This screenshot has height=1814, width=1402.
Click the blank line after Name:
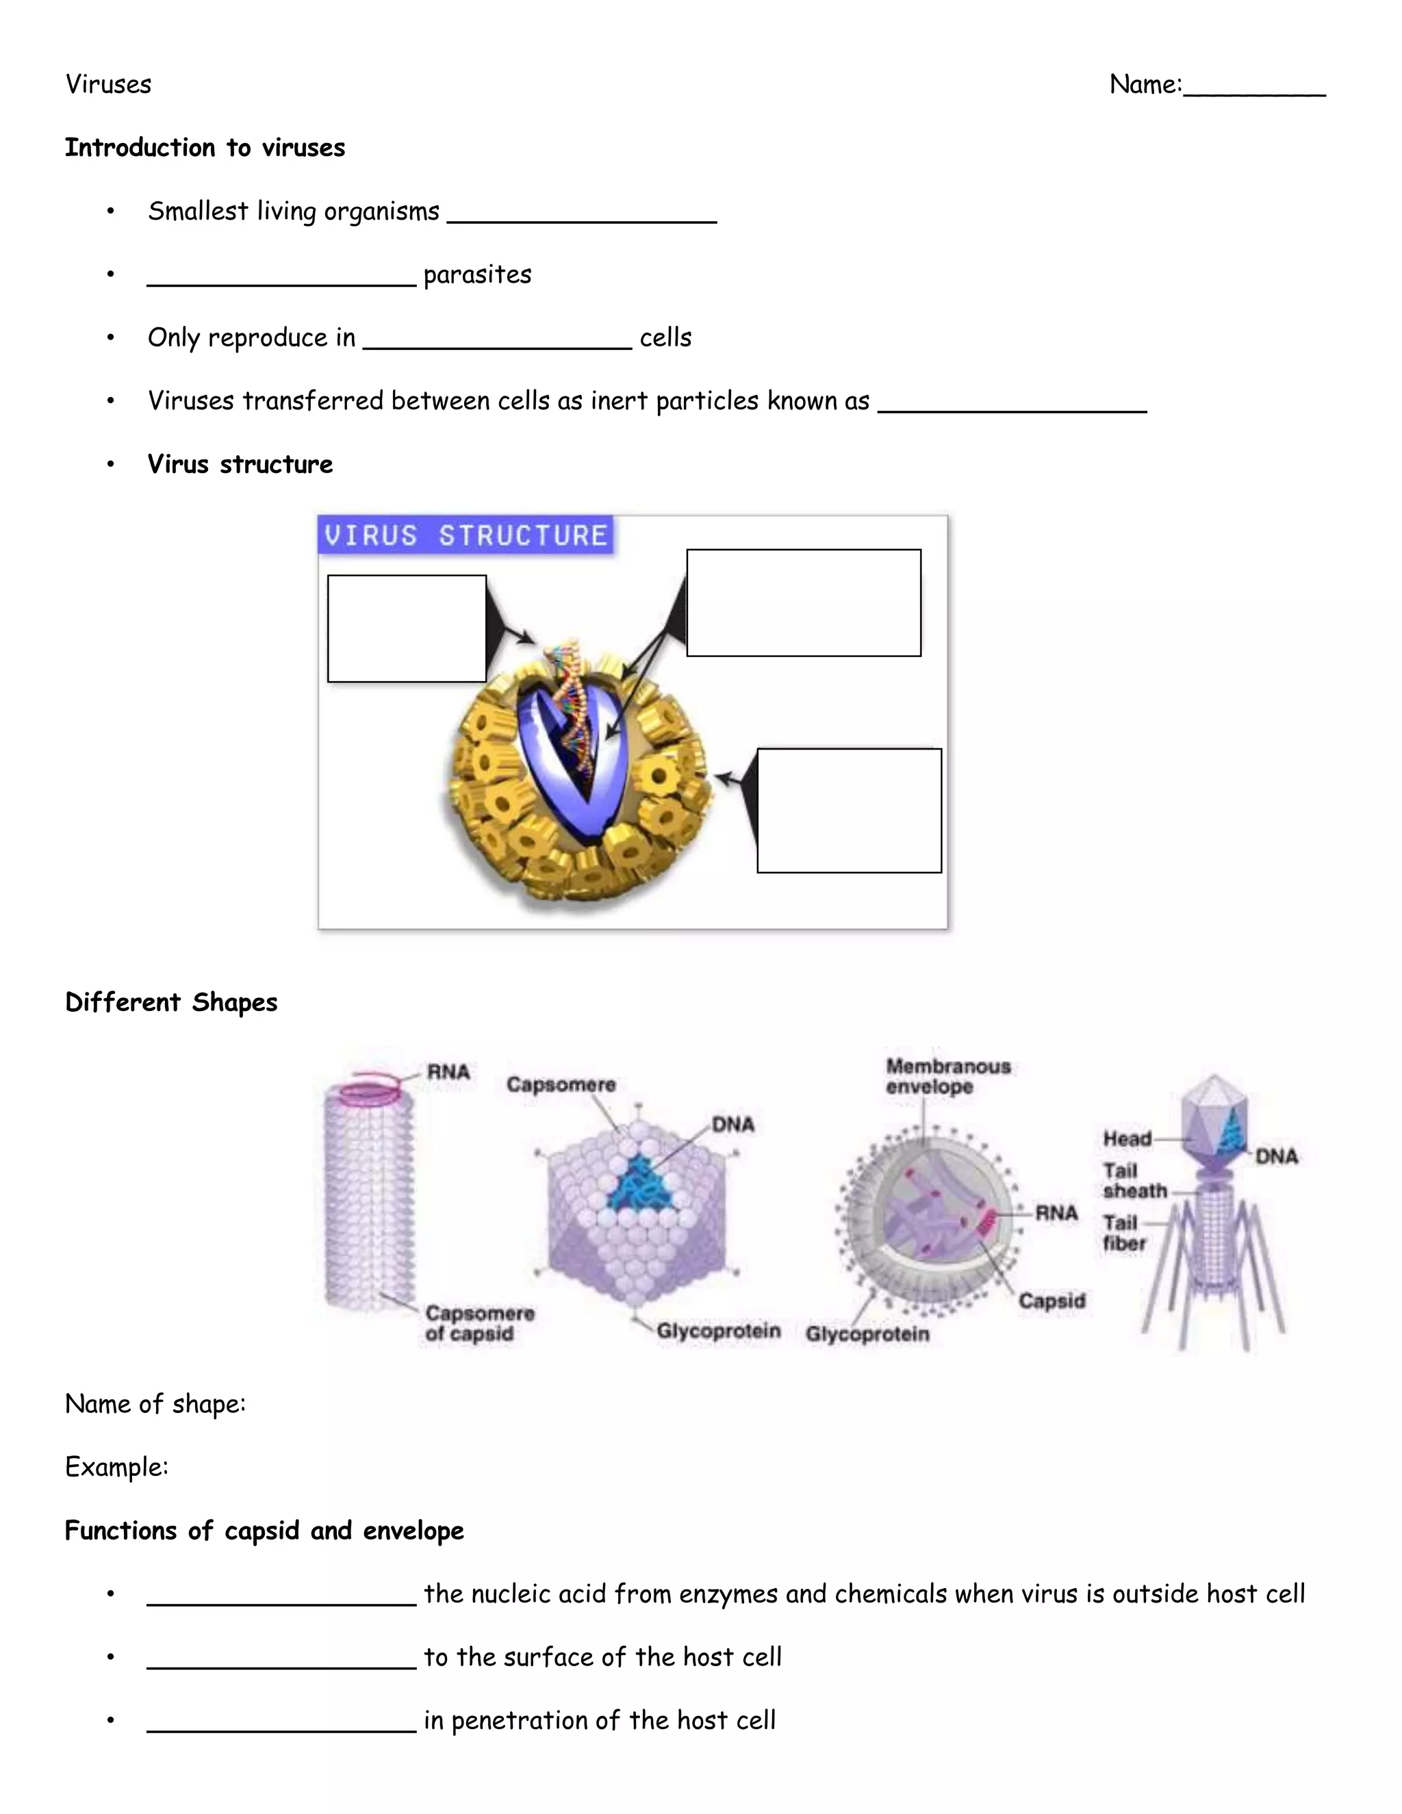(1254, 90)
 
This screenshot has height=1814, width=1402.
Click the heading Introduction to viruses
(205, 148)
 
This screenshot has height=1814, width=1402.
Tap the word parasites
(478, 275)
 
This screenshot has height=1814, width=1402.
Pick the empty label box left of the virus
(407, 629)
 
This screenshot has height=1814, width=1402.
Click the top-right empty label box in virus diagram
(803, 603)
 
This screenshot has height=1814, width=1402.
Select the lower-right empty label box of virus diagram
(849, 810)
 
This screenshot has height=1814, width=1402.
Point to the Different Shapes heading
(171, 1003)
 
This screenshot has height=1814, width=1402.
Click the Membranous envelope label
(947, 1077)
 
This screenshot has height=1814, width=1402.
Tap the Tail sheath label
(1134, 1181)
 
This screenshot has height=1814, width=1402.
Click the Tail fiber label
(1124, 1234)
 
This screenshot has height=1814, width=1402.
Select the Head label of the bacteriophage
(1126, 1139)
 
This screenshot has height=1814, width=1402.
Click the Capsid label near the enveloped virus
(1051, 1301)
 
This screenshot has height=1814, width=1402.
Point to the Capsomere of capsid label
(479, 1323)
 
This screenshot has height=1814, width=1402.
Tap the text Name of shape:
(155, 1405)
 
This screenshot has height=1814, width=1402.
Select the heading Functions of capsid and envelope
(264, 1531)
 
